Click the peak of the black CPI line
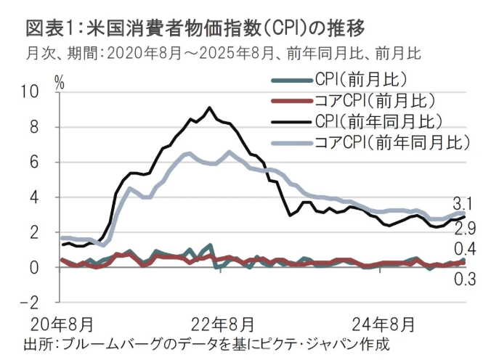coord(209,107)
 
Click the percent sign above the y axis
coord(60,81)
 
